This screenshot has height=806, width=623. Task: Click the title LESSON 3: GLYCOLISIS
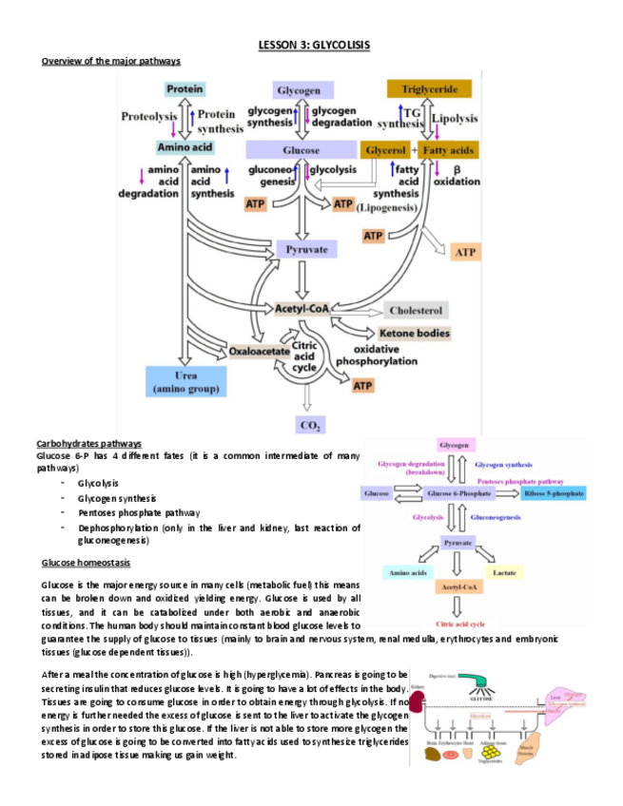314,46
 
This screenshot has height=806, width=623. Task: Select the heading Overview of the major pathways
111,62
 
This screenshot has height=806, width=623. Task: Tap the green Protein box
185,88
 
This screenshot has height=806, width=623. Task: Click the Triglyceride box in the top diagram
429,89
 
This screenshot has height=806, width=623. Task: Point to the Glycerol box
385,150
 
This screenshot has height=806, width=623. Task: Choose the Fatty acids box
451,150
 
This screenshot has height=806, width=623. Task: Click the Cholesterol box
416,310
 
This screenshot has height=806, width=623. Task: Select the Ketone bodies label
415,334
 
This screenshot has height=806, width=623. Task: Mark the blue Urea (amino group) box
185,382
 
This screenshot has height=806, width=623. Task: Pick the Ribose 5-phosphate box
554,493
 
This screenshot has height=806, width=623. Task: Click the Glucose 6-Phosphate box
459,493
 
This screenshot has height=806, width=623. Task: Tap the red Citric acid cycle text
459,624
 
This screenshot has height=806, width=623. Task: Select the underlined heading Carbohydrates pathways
88,444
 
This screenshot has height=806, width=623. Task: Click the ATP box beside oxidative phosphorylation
362,386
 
